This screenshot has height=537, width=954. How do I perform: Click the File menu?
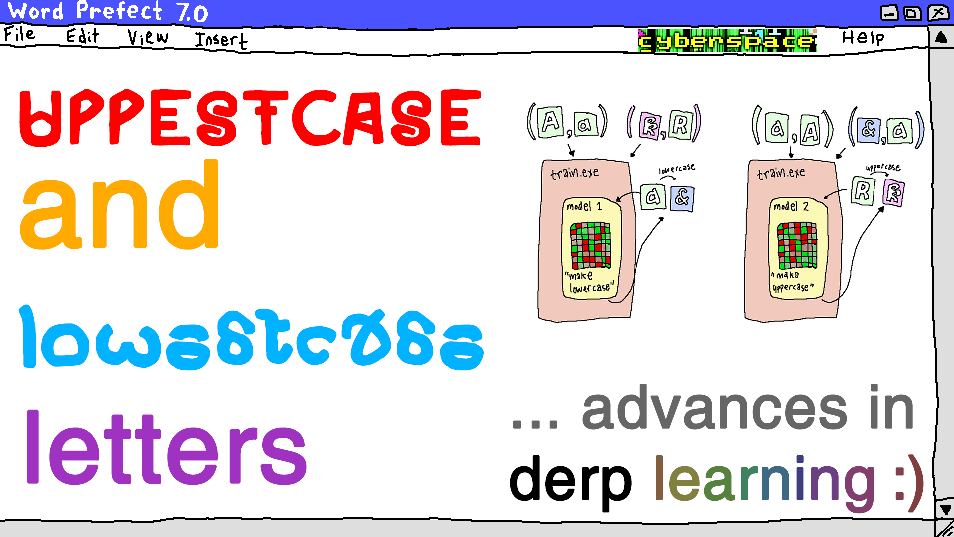[20, 35]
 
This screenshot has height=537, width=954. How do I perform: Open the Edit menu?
[82, 36]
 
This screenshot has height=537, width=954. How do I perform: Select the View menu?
[148, 37]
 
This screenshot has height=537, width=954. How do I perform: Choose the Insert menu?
[221, 40]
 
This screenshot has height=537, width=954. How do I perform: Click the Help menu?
[863, 38]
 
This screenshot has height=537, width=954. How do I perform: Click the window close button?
[938, 12]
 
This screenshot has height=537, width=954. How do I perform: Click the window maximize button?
[912, 13]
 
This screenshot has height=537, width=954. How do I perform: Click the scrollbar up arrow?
[941, 38]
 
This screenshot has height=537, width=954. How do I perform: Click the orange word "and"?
[119, 206]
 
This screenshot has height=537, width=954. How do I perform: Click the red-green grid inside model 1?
[590, 246]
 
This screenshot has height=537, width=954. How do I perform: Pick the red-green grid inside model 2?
[797, 246]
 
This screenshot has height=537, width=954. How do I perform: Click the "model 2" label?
[791, 206]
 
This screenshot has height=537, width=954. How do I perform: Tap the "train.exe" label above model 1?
[574, 173]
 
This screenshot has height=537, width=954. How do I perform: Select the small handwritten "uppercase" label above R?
[883, 168]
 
